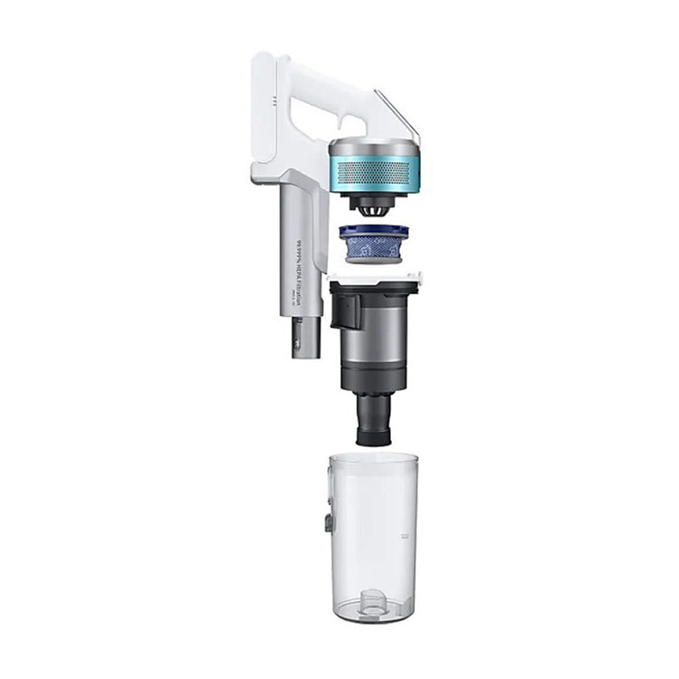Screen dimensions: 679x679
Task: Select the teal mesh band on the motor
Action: (x=373, y=173)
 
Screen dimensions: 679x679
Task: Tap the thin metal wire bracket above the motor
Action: (x=398, y=116)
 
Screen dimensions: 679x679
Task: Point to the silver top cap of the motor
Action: (x=373, y=147)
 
